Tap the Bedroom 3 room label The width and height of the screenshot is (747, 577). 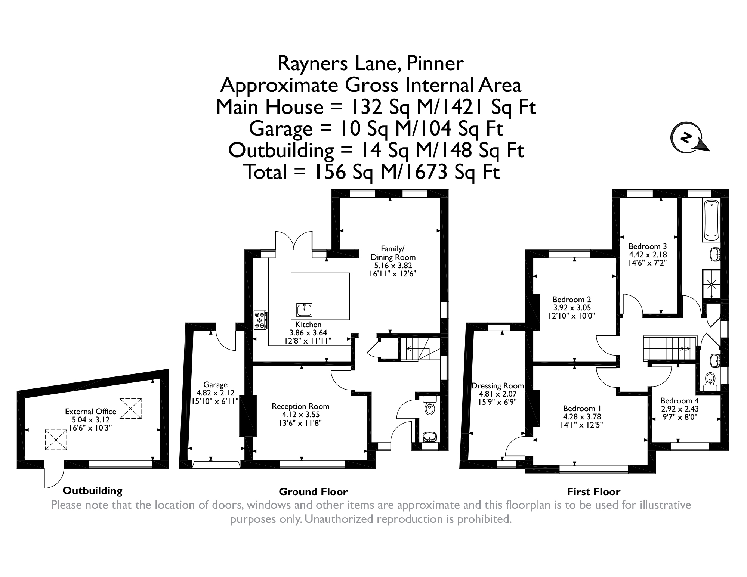point(648,246)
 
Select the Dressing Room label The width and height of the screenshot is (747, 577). point(497,386)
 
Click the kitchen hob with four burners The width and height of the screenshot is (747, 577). point(260,320)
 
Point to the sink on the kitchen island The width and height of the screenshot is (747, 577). point(305,310)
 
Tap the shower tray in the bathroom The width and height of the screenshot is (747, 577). point(711,284)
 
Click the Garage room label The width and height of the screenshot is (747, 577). point(216,385)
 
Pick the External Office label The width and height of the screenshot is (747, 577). point(91,412)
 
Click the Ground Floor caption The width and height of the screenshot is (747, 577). point(313,492)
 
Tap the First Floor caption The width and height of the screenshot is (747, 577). point(594,492)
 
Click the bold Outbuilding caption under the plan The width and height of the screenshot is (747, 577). point(93,490)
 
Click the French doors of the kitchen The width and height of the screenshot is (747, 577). point(294,241)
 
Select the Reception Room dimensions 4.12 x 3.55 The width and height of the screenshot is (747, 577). point(301,415)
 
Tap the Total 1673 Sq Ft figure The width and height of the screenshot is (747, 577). point(372,172)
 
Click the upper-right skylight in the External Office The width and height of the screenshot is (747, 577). point(131,409)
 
